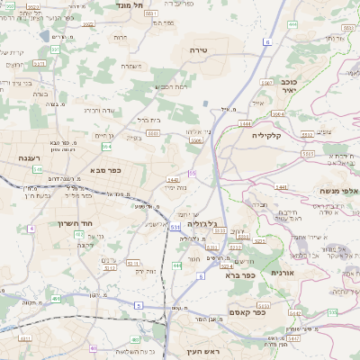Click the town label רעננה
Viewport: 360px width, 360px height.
pos(31,157)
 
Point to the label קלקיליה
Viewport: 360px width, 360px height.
pos(267,135)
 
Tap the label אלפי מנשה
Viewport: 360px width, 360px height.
pos(338,191)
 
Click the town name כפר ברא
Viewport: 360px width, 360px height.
pos(242,274)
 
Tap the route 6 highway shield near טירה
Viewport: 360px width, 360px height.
pos(266,42)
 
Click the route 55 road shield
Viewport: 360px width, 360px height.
pos(192,173)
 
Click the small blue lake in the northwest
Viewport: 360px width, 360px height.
pos(45,36)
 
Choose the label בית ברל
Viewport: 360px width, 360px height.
pos(148,119)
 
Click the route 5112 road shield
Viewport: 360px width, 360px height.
pos(110,267)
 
